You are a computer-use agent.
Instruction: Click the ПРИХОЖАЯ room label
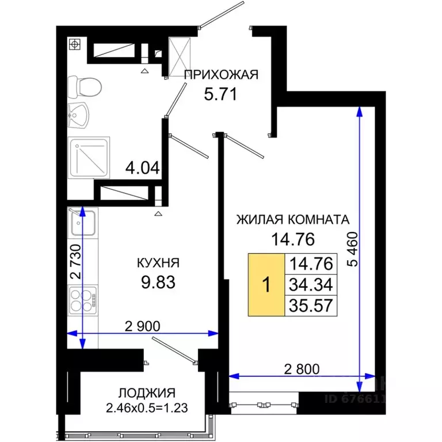point(221,74)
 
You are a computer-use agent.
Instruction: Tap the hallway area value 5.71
point(221,93)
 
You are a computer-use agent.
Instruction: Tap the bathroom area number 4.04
point(142,169)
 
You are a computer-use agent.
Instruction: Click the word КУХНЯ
point(158,263)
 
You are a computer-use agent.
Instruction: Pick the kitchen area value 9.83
point(158,283)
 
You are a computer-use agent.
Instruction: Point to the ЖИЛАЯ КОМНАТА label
point(292,219)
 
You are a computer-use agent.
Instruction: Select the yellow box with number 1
point(266,285)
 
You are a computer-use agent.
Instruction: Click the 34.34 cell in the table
point(312,284)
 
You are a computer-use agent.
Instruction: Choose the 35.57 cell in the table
point(312,305)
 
